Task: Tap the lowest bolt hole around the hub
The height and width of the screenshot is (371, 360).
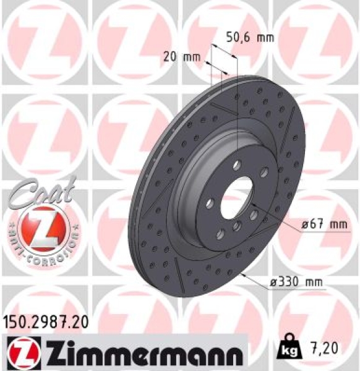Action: click(236, 228)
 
